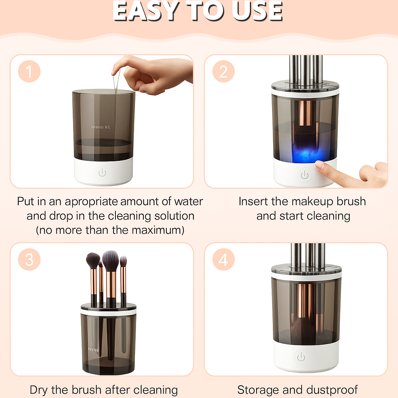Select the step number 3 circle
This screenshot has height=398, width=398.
click(x=29, y=259)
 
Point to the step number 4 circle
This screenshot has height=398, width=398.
click(x=223, y=259)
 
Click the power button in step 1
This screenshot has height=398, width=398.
click(x=103, y=173)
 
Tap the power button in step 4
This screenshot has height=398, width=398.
click(x=301, y=357)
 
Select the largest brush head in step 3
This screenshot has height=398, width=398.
click(x=111, y=261)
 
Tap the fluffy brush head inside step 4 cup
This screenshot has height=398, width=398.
click(x=302, y=330)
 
